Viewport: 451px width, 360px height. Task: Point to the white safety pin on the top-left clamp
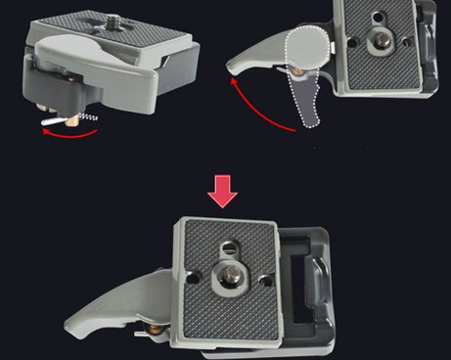pos(58,120)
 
